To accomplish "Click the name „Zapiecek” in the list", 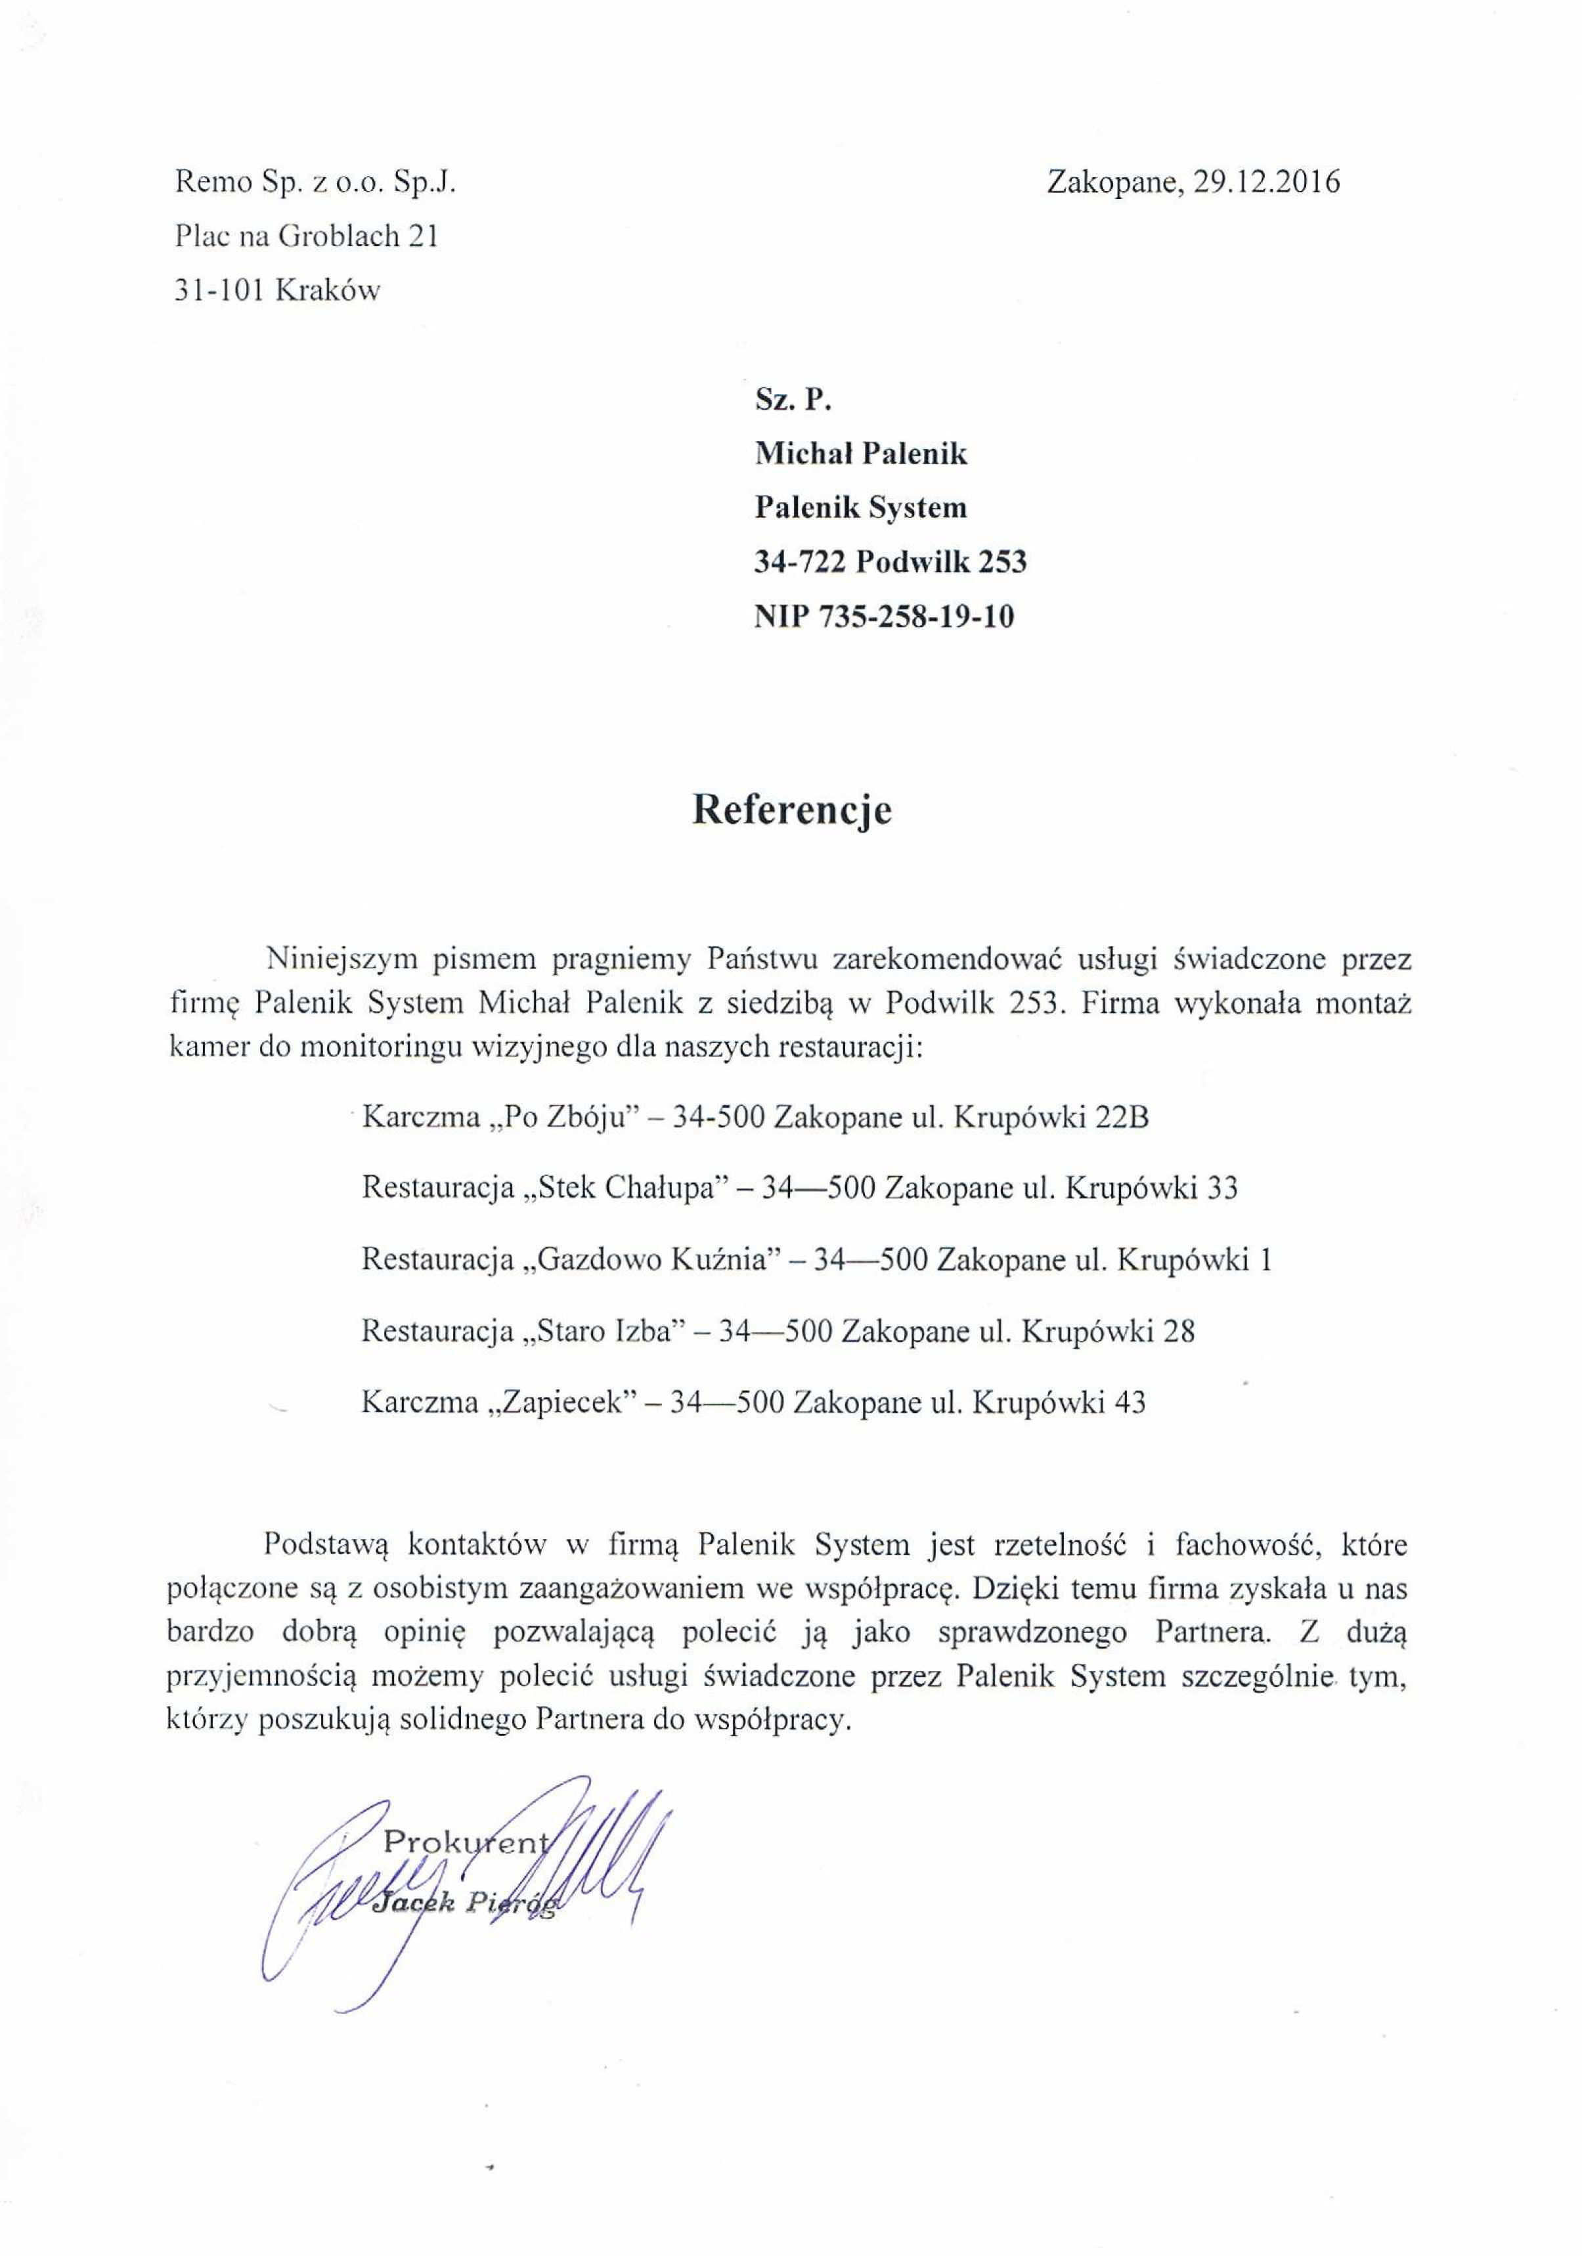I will pos(562,1402).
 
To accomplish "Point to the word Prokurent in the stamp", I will pos(466,1841).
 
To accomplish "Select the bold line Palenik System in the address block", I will pos(861,508).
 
